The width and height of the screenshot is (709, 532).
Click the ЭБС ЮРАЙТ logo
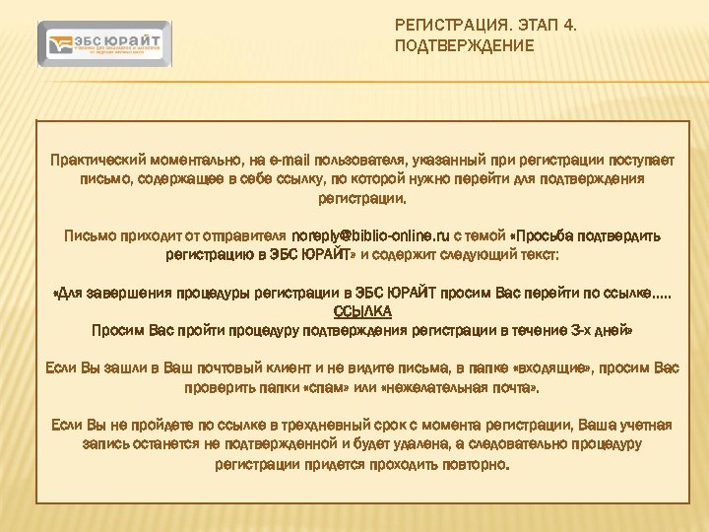(x=105, y=45)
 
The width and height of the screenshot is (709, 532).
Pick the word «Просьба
(x=548, y=236)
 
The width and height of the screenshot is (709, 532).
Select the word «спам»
(x=387, y=387)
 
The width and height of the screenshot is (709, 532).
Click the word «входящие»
(x=558, y=368)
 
